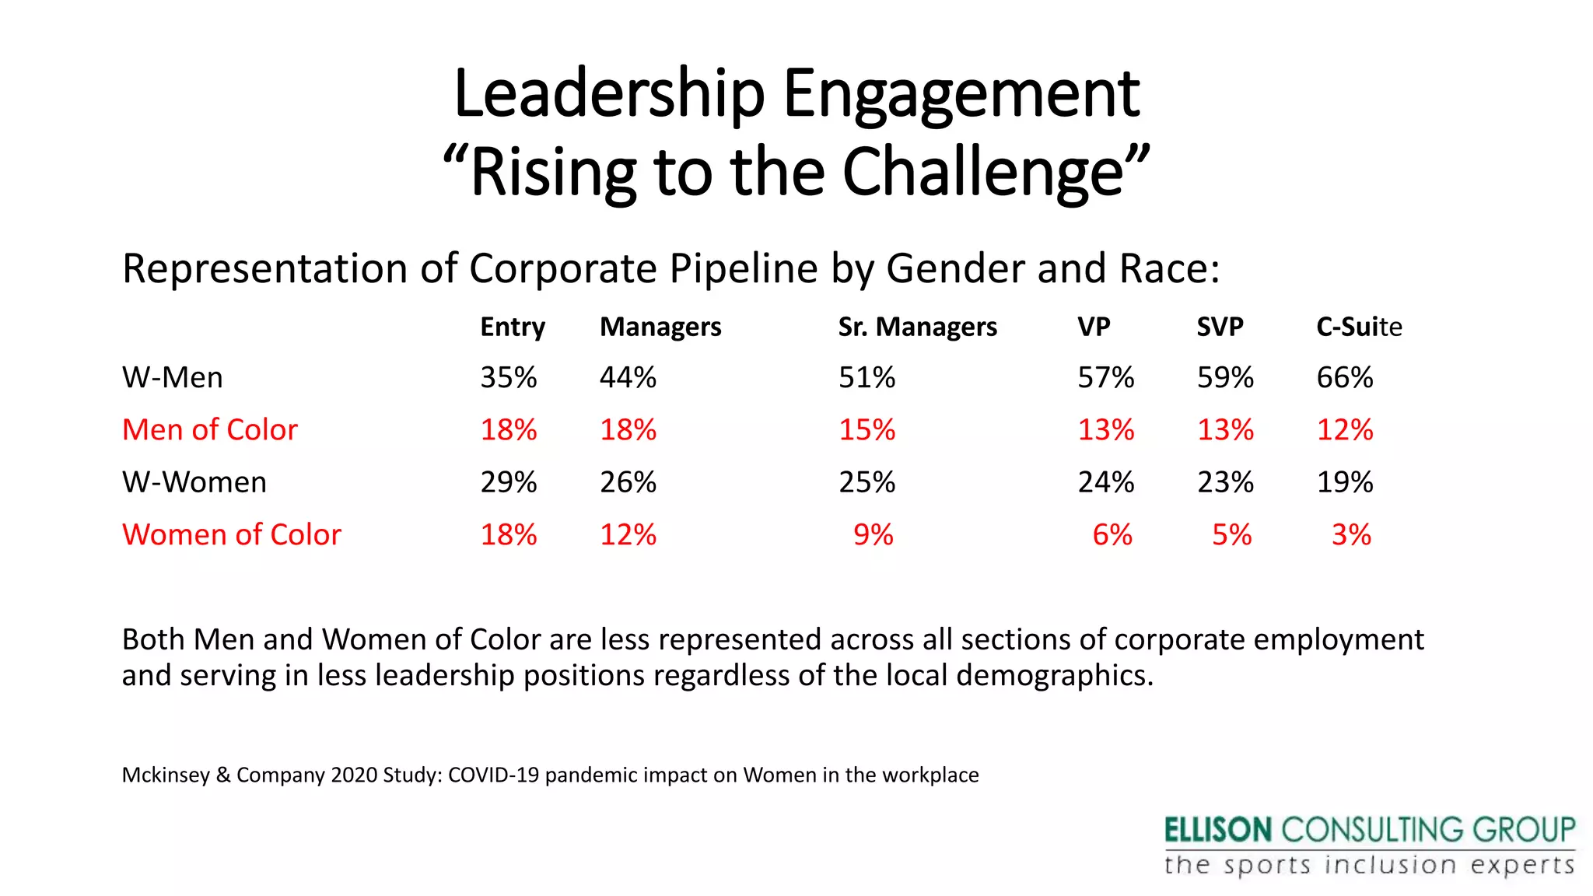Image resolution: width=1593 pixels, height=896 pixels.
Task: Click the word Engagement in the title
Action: pos(961,95)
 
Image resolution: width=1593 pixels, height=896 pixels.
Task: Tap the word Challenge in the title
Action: pos(983,173)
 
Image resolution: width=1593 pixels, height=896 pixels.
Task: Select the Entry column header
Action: pos(512,327)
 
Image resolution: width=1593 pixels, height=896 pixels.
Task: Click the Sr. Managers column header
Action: pos(917,327)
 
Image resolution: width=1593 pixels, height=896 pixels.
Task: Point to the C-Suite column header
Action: pos(1358,327)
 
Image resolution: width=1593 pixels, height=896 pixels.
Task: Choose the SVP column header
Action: pos(1220,327)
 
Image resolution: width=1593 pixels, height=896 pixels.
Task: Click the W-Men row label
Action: pos(173,378)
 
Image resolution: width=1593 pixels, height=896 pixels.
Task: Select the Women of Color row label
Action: pos(232,535)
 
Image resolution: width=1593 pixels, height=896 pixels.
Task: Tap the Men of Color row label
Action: pos(210,430)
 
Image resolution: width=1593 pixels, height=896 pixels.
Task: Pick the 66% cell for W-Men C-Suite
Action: pos(1344,378)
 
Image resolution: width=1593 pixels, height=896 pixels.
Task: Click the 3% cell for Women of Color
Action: pos(1351,535)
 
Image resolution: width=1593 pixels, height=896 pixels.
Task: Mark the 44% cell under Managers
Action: pos(628,378)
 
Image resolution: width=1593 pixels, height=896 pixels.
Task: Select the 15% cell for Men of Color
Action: pos(867,430)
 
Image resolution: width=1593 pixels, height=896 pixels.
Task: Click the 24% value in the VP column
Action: pos(1105,483)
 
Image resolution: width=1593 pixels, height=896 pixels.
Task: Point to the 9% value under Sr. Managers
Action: pos(873,535)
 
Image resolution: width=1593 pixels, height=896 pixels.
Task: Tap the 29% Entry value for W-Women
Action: pos(508,483)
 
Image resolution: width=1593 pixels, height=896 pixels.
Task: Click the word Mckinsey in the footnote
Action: pos(166,775)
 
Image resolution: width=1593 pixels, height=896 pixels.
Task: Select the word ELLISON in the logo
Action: pos(1217,831)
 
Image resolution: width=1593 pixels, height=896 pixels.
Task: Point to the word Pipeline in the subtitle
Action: pos(744,269)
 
